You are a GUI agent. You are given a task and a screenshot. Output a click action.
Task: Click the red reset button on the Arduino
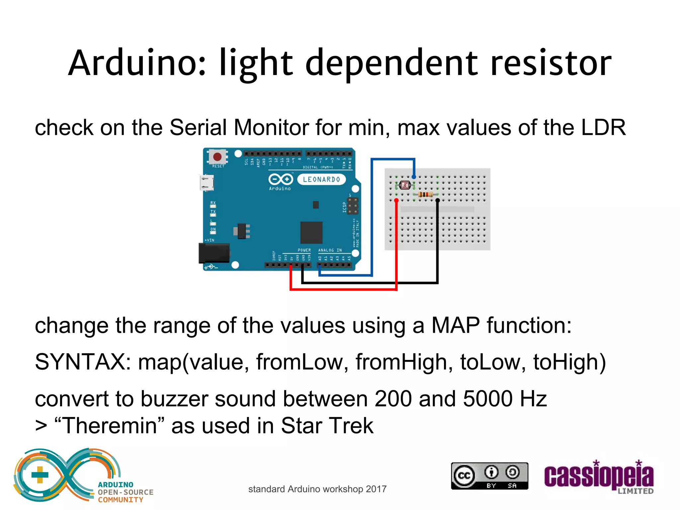(217, 156)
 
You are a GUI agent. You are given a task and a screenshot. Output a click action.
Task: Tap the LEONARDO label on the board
(321, 180)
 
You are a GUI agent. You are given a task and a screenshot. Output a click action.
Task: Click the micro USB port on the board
(207, 183)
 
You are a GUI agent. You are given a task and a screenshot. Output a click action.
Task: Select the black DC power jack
(214, 253)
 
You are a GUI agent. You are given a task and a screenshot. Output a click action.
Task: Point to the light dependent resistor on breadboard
(405, 185)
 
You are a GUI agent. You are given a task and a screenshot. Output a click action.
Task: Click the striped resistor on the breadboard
(425, 194)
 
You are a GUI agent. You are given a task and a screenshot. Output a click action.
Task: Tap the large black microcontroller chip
(311, 232)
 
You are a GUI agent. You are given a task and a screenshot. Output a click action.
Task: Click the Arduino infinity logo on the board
(281, 180)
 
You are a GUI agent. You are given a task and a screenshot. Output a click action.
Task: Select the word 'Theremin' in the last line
(110, 426)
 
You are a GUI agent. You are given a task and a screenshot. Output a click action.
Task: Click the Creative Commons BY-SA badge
(489, 476)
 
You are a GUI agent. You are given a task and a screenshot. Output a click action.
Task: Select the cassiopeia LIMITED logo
(599, 477)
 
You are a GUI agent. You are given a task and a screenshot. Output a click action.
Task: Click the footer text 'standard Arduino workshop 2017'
(317, 489)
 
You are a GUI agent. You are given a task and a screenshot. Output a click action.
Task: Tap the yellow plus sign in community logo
(40, 474)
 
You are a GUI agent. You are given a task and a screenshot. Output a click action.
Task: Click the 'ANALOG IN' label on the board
(330, 250)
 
